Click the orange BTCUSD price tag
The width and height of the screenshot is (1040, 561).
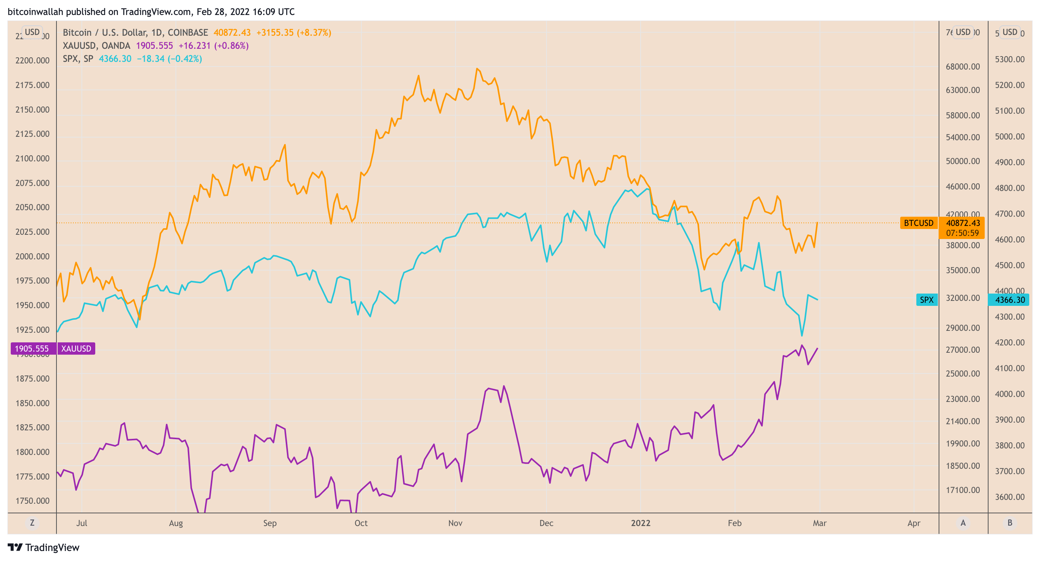(x=918, y=223)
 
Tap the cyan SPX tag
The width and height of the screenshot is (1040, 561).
(x=927, y=300)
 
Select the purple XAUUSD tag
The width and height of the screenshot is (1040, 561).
(x=76, y=349)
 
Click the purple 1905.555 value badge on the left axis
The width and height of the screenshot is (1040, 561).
(x=32, y=349)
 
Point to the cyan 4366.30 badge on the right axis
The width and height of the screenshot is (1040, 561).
(x=1009, y=300)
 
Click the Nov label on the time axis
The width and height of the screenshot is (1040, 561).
(x=455, y=523)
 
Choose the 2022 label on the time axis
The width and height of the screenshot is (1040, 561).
(x=640, y=523)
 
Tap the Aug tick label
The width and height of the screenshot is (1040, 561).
(x=176, y=523)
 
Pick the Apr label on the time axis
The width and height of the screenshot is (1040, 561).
(x=914, y=523)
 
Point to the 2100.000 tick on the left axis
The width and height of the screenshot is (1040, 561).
(x=32, y=158)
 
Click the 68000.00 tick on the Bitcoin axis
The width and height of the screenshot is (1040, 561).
(x=962, y=66)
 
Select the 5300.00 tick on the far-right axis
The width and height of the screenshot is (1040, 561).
(x=1009, y=60)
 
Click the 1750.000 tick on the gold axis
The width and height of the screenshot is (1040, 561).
(x=32, y=501)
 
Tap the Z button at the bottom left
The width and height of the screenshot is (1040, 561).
(x=32, y=523)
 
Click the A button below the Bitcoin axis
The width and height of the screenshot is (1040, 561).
(x=963, y=523)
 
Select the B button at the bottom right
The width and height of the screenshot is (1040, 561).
(x=1010, y=523)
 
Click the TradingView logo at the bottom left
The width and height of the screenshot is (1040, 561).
(x=44, y=547)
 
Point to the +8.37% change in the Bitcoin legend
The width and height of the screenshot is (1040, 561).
(x=314, y=33)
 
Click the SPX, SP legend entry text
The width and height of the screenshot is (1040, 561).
(x=78, y=58)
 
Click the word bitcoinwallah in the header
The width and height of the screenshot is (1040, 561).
(x=35, y=12)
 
